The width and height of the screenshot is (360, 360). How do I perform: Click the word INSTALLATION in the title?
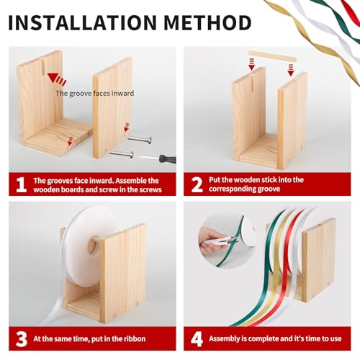click(x=83, y=22)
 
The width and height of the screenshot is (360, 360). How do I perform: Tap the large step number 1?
click(x=21, y=184)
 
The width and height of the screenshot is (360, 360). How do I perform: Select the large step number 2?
click(x=197, y=184)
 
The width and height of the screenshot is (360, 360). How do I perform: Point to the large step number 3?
click(x=22, y=339)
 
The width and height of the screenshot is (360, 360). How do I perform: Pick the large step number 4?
click(x=197, y=339)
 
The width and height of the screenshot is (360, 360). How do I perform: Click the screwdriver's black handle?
click(x=167, y=159)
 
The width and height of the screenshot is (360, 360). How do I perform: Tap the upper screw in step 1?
click(x=140, y=140)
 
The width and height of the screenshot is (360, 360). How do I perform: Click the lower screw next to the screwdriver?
click(x=122, y=154)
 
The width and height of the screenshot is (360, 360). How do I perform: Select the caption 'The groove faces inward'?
click(x=95, y=93)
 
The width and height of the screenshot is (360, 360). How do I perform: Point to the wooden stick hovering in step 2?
click(x=272, y=56)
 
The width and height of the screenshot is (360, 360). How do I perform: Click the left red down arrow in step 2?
click(x=251, y=64)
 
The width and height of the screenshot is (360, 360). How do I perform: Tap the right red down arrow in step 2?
click(x=291, y=70)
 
